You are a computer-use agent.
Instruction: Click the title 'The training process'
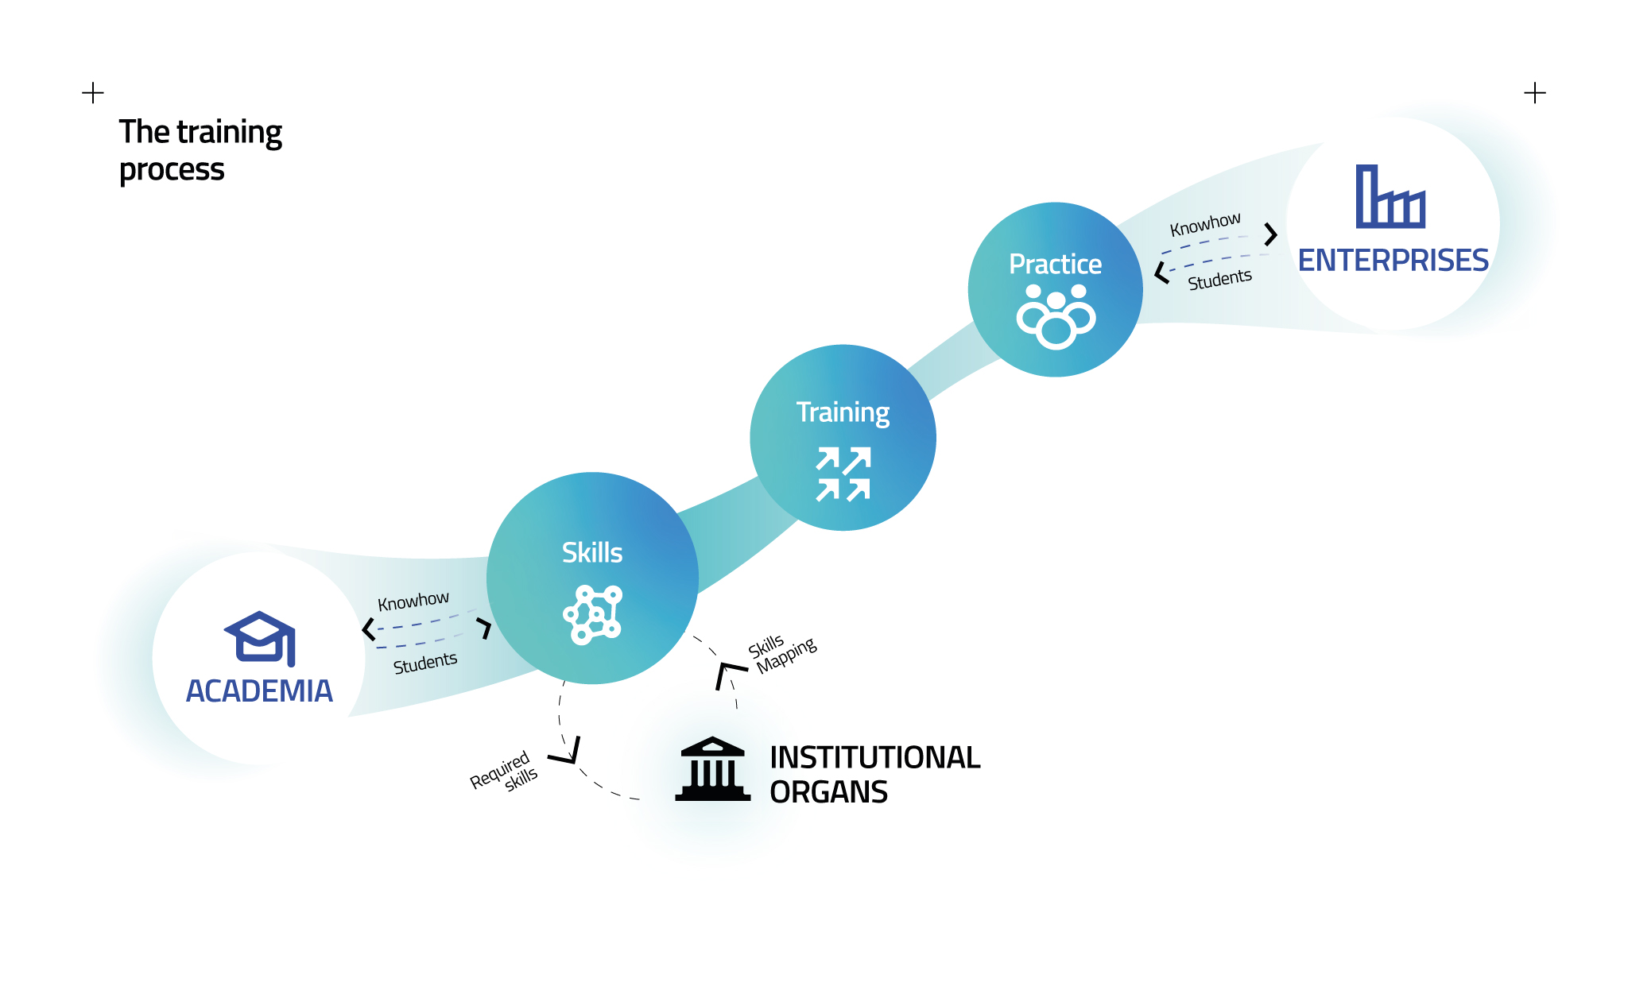click(x=200, y=150)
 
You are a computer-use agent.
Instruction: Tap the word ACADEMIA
click(x=259, y=691)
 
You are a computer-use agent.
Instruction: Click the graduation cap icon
click(x=260, y=638)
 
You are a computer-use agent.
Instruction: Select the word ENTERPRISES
click(x=1393, y=261)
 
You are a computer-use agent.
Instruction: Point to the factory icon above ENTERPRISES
click(x=1390, y=196)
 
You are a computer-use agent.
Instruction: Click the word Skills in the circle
click(x=592, y=553)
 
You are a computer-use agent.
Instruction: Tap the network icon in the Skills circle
click(x=593, y=614)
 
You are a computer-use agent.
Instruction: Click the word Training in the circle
click(x=843, y=412)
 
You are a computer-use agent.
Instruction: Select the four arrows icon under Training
click(x=843, y=474)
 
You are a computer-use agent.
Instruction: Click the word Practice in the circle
click(x=1055, y=264)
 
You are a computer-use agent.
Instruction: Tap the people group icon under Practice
click(x=1056, y=316)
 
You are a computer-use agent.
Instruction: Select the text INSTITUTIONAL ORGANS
click(x=874, y=774)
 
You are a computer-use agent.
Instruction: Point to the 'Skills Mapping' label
click(x=782, y=654)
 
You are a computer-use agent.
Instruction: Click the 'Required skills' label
click(x=505, y=771)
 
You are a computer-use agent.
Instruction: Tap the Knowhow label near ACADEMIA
click(x=413, y=601)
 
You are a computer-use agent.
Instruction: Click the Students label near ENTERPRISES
click(x=1219, y=279)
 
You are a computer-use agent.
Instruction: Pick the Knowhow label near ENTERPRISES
click(x=1205, y=224)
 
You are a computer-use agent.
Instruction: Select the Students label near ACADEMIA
click(x=425, y=663)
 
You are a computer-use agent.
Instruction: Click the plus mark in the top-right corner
click(x=1535, y=93)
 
